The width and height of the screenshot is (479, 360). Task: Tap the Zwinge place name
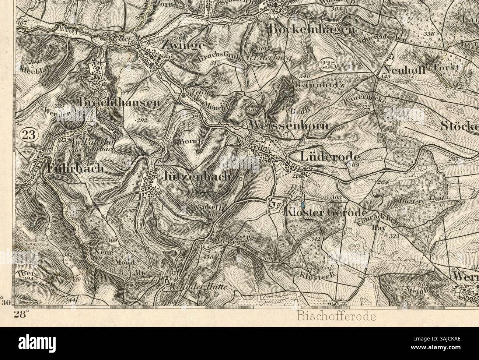pos(183,45)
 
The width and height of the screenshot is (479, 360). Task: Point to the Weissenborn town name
pos(289,125)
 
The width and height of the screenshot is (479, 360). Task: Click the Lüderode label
pos(330,156)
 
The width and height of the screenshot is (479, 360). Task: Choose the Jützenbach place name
pos(196,177)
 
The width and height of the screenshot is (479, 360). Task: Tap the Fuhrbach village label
pos(76,169)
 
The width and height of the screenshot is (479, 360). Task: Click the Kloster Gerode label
pos(326,213)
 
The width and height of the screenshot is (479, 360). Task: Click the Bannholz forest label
pos(319,85)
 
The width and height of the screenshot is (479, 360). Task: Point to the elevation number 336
pos(429,34)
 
